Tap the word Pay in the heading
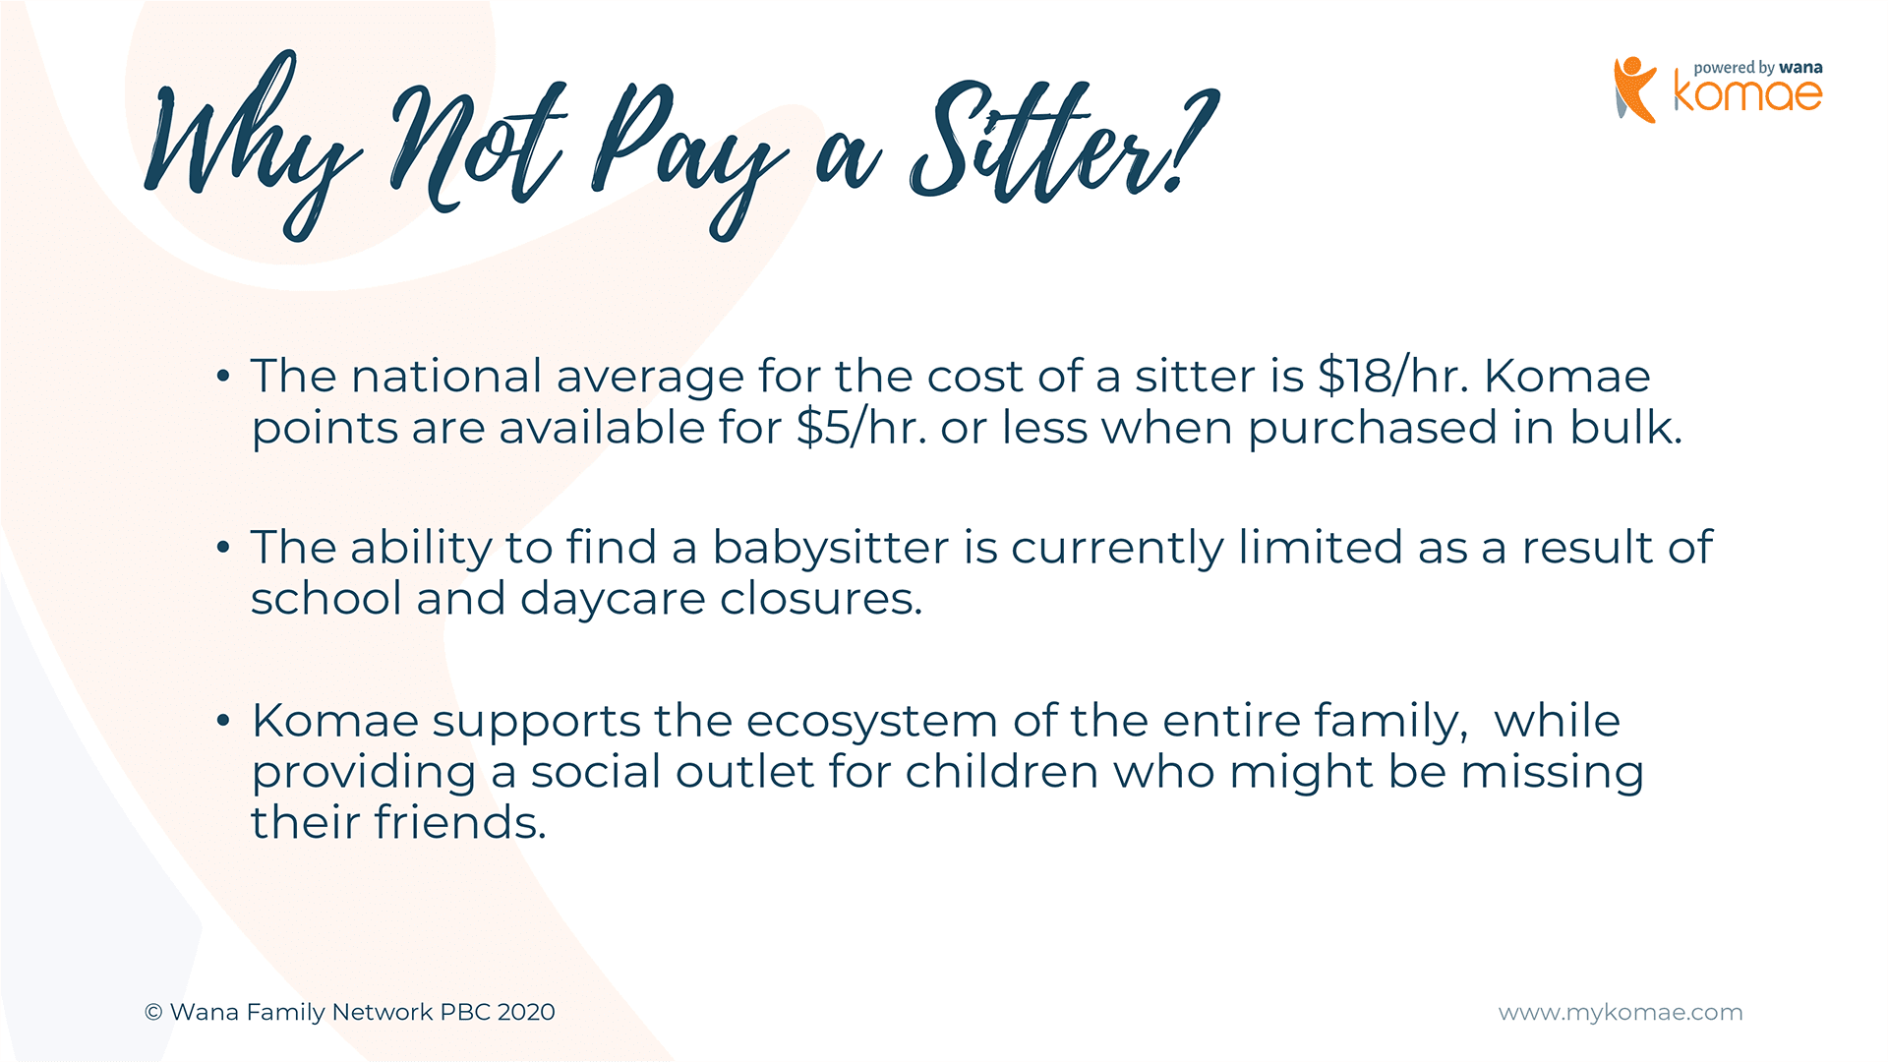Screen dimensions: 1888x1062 [688, 157]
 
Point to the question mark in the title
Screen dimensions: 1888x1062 [1195, 138]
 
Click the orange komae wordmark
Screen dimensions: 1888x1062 [1748, 94]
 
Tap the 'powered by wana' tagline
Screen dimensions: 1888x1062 [1758, 68]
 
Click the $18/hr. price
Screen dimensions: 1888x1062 [1393, 377]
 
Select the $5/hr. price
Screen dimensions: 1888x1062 [862, 428]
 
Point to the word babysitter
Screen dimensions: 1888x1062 [831, 549]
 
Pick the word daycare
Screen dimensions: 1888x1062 [613, 599]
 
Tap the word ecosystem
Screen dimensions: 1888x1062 [872, 722]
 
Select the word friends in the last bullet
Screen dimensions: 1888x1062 [460, 822]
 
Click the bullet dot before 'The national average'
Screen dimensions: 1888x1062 [223, 376]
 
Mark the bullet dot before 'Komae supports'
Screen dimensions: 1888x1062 [223, 721]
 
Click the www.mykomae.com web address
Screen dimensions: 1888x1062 [1621, 1013]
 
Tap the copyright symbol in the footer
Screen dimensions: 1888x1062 [153, 1012]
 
